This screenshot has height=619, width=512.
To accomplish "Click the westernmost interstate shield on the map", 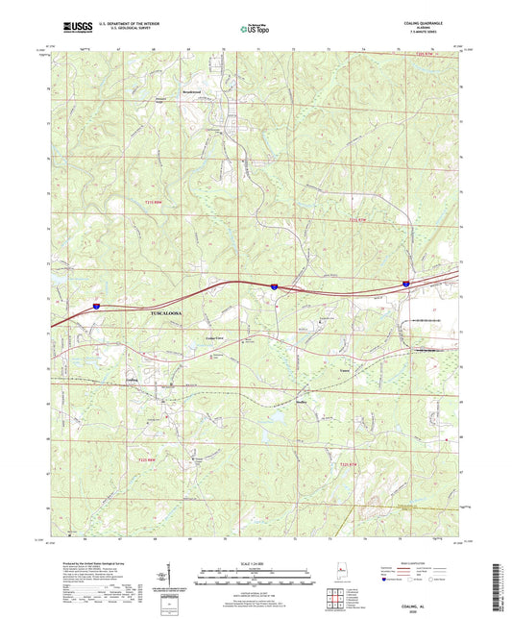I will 96,305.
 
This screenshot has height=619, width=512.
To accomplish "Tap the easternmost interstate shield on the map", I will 406,283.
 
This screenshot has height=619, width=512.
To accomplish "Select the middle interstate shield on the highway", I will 274,286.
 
